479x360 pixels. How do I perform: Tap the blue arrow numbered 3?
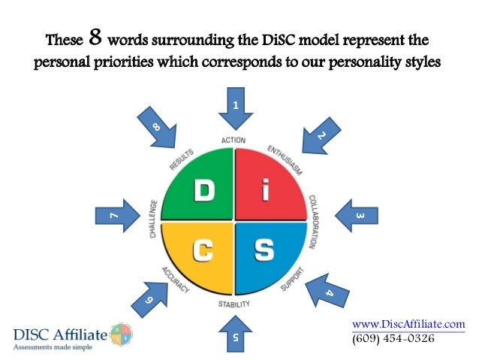tap(357, 216)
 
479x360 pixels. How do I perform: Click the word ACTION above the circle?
tap(234, 141)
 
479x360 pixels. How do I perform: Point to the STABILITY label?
tap(234, 305)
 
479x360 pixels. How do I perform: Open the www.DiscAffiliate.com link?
tap(408, 323)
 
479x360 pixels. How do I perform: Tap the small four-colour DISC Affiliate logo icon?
tap(121, 334)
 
